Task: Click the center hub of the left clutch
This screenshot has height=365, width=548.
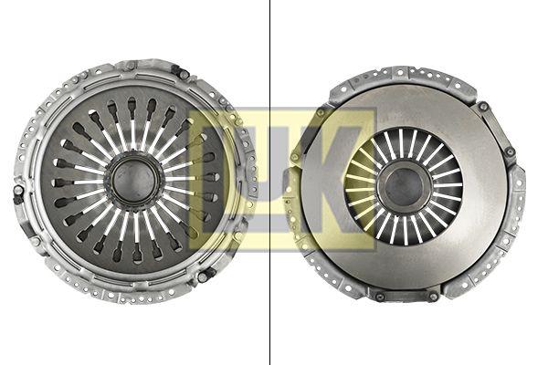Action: pyautogui.click(x=134, y=181)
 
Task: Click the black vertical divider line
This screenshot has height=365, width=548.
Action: pyautogui.click(x=269, y=182)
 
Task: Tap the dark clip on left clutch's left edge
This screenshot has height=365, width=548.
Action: pyautogui.click(x=17, y=194)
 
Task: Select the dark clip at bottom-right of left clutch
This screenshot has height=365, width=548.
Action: pyautogui.click(x=205, y=276)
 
